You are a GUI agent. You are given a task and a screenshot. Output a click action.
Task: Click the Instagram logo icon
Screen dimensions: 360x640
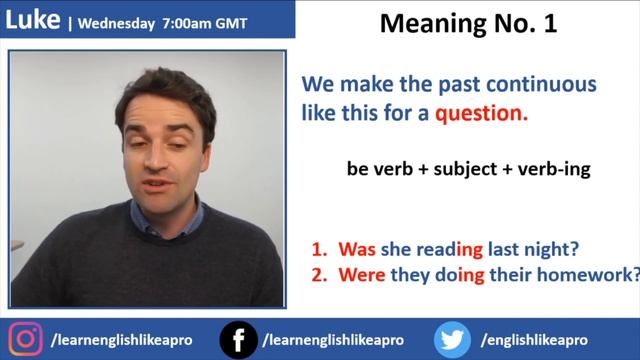[26, 339]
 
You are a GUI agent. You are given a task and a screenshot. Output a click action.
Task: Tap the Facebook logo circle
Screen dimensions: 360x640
[238, 340]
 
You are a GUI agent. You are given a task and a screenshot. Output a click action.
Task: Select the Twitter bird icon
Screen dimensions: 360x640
[454, 340]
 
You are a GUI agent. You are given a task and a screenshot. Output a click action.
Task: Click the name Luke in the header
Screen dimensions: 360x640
[32, 19]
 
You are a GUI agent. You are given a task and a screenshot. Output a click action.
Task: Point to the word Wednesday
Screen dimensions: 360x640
[119, 21]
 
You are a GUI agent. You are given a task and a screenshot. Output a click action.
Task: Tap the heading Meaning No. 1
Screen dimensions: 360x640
[468, 24]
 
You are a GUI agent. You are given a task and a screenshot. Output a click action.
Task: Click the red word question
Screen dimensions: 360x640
[480, 113]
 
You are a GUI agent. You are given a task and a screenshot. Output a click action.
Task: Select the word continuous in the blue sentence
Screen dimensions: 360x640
[536, 84]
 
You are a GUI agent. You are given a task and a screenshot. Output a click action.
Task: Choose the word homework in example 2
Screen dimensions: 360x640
[591, 274]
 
